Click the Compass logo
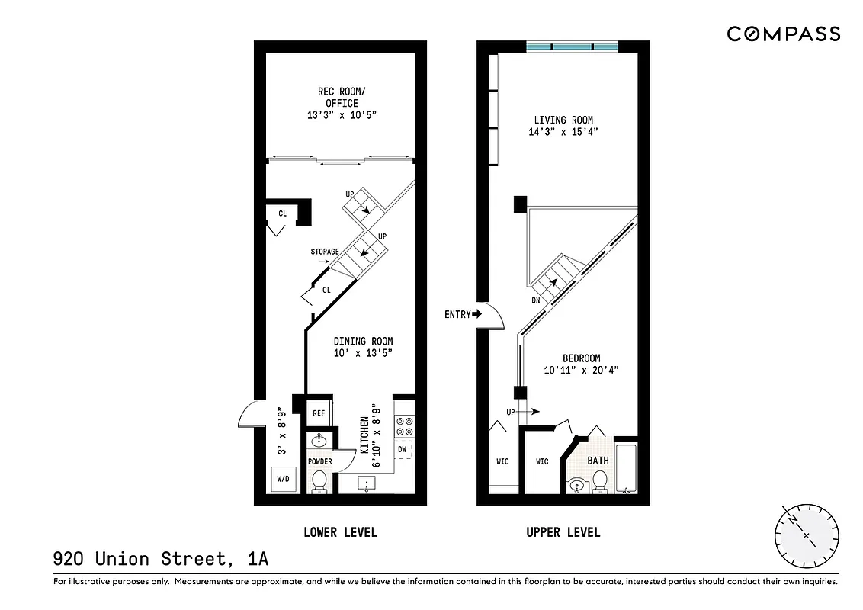[x=783, y=34]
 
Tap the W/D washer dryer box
[x=283, y=480]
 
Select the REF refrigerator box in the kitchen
[x=319, y=413]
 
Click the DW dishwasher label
[x=402, y=449]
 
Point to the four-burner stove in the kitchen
[x=404, y=425]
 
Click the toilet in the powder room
[x=319, y=481]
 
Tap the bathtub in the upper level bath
[x=627, y=467]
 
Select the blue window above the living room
[x=572, y=47]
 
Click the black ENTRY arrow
[x=478, y=313]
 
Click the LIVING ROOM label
[x=563, y=120]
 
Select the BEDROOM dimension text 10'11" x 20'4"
[x=581, y=371]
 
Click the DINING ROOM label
[x=364, y=341]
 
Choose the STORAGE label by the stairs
[x=325, y=252]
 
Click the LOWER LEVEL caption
[x=340, y=532]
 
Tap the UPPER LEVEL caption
[x=563, y=532]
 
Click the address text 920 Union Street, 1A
[x=161, y=559]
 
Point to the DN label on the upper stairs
[x=537, y=300]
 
